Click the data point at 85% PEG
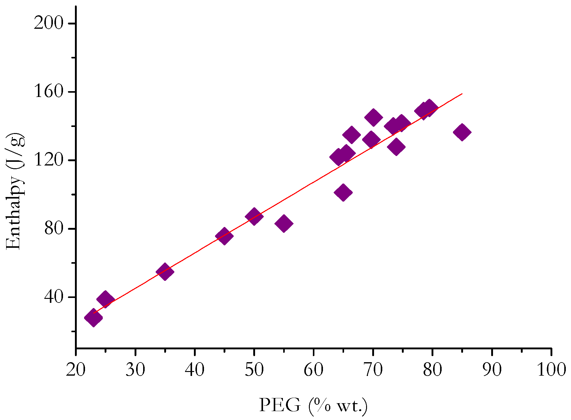462,132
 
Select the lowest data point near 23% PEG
93,318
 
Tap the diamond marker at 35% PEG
165,271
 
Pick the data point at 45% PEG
224,236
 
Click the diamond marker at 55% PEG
284,223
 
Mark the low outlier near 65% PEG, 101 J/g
343,192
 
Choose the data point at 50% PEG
254,216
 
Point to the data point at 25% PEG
105,299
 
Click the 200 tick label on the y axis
50,24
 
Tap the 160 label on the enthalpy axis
50,92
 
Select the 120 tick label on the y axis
50,160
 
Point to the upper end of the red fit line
462,94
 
